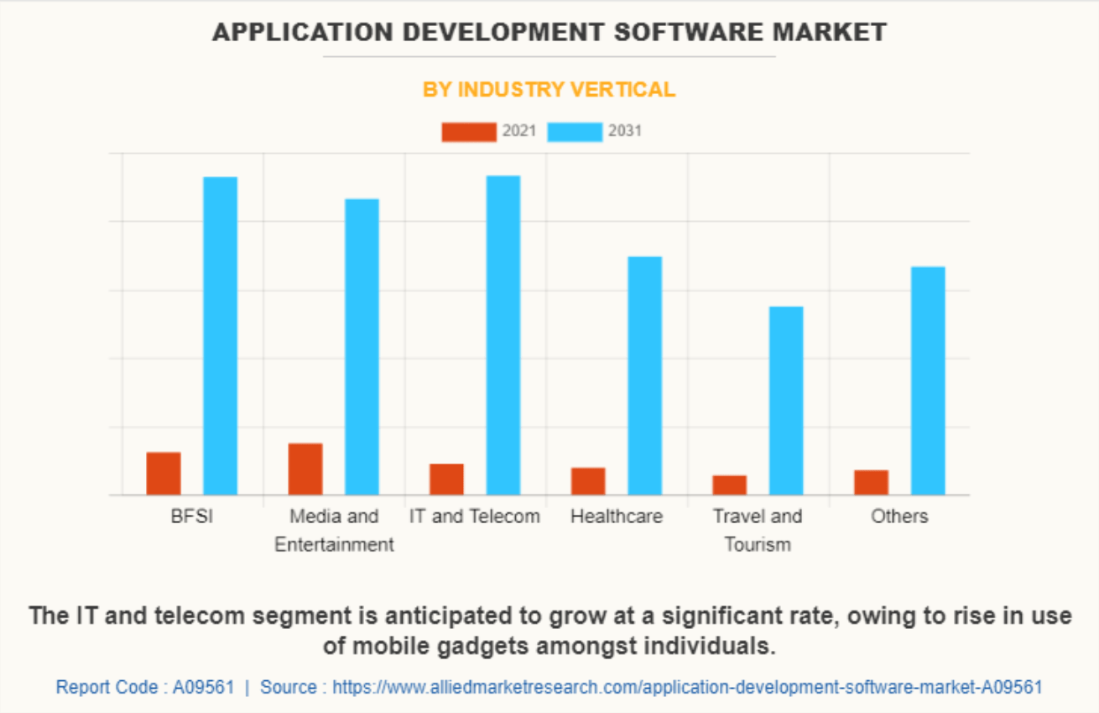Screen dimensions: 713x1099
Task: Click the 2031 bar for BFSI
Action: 221,336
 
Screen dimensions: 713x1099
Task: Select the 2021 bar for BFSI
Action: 164,474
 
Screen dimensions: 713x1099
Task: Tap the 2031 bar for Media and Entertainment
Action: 362,347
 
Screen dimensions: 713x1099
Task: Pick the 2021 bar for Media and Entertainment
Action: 305,469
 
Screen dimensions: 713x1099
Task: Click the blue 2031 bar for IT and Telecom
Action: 503,335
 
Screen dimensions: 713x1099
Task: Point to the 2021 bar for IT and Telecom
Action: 446,480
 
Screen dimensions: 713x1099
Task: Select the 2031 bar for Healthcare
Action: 645,375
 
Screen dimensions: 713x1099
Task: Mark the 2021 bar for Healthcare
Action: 588,481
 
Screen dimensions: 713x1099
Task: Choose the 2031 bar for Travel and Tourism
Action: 786,401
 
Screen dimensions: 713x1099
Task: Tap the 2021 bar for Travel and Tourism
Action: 730,485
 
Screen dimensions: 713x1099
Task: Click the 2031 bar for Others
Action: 928,380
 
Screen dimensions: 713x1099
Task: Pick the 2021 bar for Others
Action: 872,483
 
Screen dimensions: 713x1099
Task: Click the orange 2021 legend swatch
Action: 469,132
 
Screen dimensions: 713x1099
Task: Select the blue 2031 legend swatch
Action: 575,132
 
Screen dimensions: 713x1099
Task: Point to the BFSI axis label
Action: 192,516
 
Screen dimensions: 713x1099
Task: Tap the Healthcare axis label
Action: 617,516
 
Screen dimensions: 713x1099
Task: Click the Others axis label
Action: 899,516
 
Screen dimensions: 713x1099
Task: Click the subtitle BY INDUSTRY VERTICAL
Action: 549,90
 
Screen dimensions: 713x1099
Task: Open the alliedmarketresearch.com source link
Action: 687,687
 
